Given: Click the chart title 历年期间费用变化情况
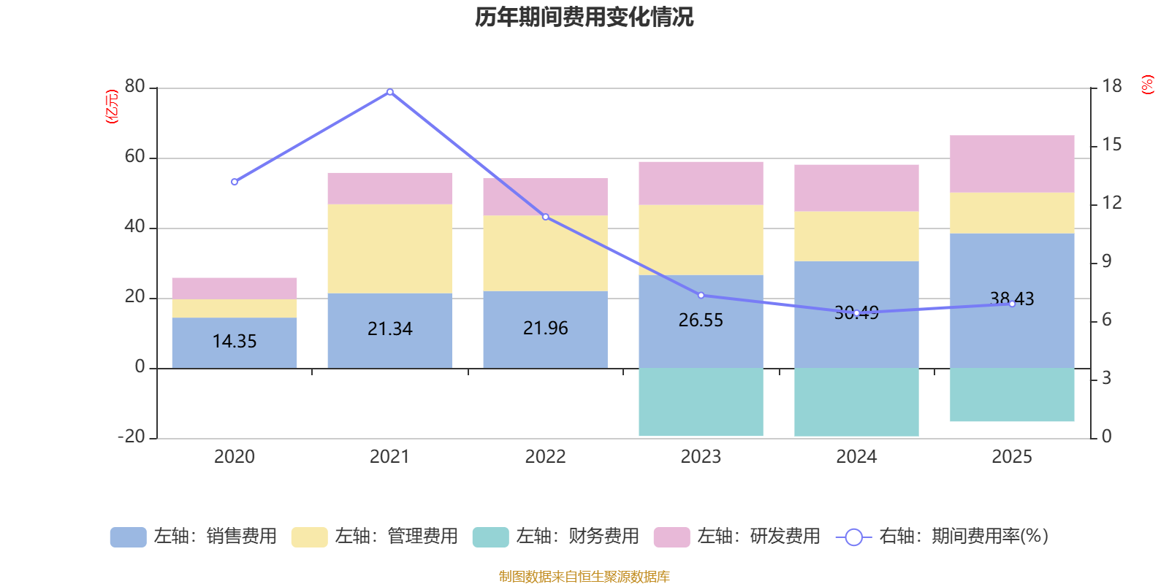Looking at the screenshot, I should pos(584,17).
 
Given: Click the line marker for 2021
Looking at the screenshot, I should pos(389,92).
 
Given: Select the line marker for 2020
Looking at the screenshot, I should pos(235,182).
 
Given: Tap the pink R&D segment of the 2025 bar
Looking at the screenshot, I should pos(1012,164).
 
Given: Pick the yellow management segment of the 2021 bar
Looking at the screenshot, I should pos(389,248).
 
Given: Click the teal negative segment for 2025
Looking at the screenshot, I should pos(1012,394).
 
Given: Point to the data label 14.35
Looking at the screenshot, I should pos(235,341).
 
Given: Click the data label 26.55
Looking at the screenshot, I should pos(701,320).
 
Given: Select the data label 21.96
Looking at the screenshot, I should pos(545,328).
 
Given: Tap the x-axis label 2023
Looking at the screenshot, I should pos(701,456).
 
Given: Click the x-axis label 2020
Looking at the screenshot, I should pos(235,456).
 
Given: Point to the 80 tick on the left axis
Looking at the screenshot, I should pos(134,87).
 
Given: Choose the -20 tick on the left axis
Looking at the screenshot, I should pos(132,437).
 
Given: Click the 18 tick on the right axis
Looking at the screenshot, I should pos(1111,86).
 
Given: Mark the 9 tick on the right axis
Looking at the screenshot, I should pos(1106,261).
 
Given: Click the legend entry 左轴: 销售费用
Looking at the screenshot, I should pos(194,537).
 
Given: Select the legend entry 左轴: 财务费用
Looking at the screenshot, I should pos(556,537).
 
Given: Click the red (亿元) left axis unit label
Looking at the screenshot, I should pos(112,107).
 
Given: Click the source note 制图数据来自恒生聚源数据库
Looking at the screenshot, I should pos(584,577).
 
